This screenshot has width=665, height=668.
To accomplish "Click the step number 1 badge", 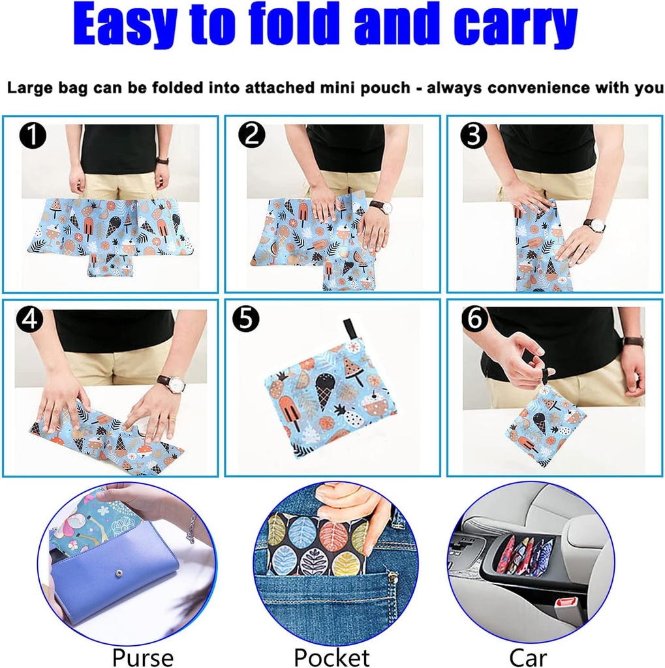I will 32,137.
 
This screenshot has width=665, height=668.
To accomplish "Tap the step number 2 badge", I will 251,136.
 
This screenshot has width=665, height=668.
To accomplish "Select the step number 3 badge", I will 474,136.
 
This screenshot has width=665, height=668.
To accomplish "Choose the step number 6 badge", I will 474,319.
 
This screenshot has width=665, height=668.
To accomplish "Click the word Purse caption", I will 142,656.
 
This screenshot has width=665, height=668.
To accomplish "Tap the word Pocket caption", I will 332,656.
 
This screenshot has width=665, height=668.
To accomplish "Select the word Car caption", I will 529,656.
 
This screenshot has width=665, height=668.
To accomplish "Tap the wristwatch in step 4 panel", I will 171,384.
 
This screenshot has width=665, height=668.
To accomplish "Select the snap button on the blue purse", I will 119,571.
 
